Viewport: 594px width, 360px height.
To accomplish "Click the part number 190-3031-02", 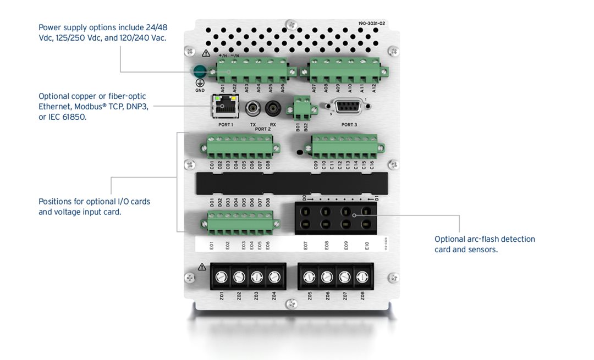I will tap(372, 24).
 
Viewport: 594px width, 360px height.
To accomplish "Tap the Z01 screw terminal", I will tap(222, 277).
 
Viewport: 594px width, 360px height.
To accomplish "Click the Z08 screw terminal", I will tap(362, 277).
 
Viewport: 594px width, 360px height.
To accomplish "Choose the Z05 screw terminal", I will tap(309, 277).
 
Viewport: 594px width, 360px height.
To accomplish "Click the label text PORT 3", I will tap(349, 125).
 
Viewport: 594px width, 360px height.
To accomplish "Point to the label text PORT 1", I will tap(226, 125).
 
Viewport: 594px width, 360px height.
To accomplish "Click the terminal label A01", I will tap(222, 88).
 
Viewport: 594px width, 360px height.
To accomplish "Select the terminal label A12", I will tap(374, 88).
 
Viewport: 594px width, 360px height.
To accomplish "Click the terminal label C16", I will tap(372, 164).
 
